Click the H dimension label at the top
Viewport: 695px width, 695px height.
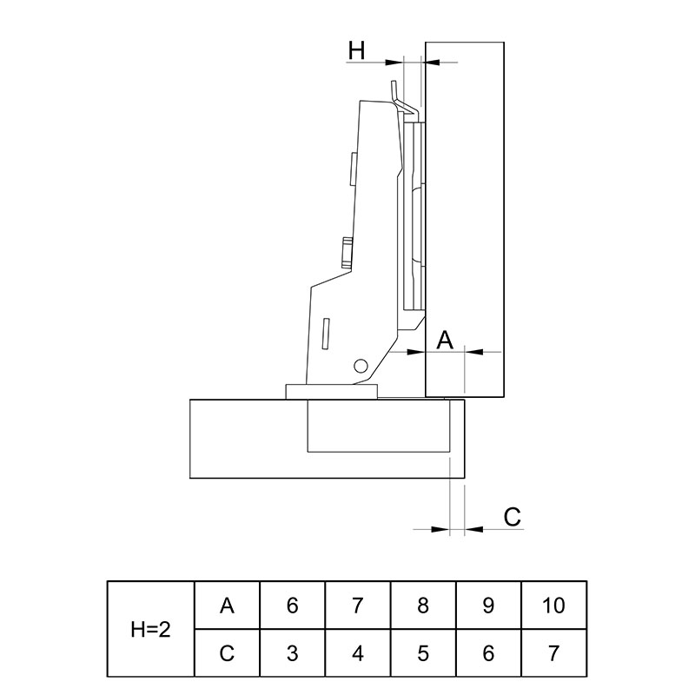[356, 50]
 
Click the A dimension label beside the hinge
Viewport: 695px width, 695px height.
[445, 341]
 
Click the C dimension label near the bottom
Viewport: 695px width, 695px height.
[512, 517]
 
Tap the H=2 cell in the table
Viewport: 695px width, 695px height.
[150, 629]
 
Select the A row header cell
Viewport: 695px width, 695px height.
[227, 605]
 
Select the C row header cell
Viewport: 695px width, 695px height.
[227, 653]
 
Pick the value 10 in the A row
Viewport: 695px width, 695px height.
[553, 605]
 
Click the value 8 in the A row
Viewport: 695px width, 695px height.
[423, 605]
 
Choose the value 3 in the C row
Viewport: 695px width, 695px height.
[292, 653]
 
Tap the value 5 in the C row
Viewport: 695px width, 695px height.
[423, 653]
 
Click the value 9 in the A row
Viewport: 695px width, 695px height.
[488, 605]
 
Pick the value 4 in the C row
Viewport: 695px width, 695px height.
[358, 653]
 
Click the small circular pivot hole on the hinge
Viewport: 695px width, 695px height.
[361, 366]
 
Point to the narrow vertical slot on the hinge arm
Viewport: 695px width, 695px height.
[326, 333]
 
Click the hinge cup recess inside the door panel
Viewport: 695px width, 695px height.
[379, 426]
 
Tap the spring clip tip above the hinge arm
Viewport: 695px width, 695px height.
[394, 83]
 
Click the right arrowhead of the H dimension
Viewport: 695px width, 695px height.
[431, 63]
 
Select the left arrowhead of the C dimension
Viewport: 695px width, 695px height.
[440, 529]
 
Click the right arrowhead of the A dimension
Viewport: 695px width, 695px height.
[473, 352]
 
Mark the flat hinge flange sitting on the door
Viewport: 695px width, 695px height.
[332, 392]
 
